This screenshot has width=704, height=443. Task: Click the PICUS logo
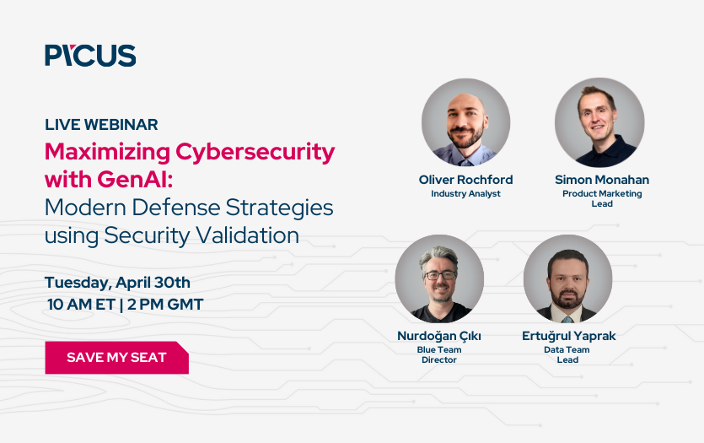pos(90,56)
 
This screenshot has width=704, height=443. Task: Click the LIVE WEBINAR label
pos(101,125)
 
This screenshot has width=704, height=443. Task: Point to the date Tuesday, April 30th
pos(117,282)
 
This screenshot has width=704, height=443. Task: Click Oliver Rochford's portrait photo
pos(465,123)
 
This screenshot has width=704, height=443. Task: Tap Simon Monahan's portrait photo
pos(599,123)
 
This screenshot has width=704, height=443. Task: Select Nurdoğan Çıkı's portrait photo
pos(438,279)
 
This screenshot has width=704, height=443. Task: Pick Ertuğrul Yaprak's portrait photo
pos(567,279)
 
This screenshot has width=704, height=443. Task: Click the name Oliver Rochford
pos(465,180)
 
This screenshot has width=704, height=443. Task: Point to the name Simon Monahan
pos(602,180)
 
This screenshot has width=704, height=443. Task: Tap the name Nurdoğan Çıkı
pos(438,336)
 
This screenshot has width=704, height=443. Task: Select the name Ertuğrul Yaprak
pos(568,336)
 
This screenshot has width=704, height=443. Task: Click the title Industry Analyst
pos(465,194)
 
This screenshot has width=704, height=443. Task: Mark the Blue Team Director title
pos(438,354)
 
